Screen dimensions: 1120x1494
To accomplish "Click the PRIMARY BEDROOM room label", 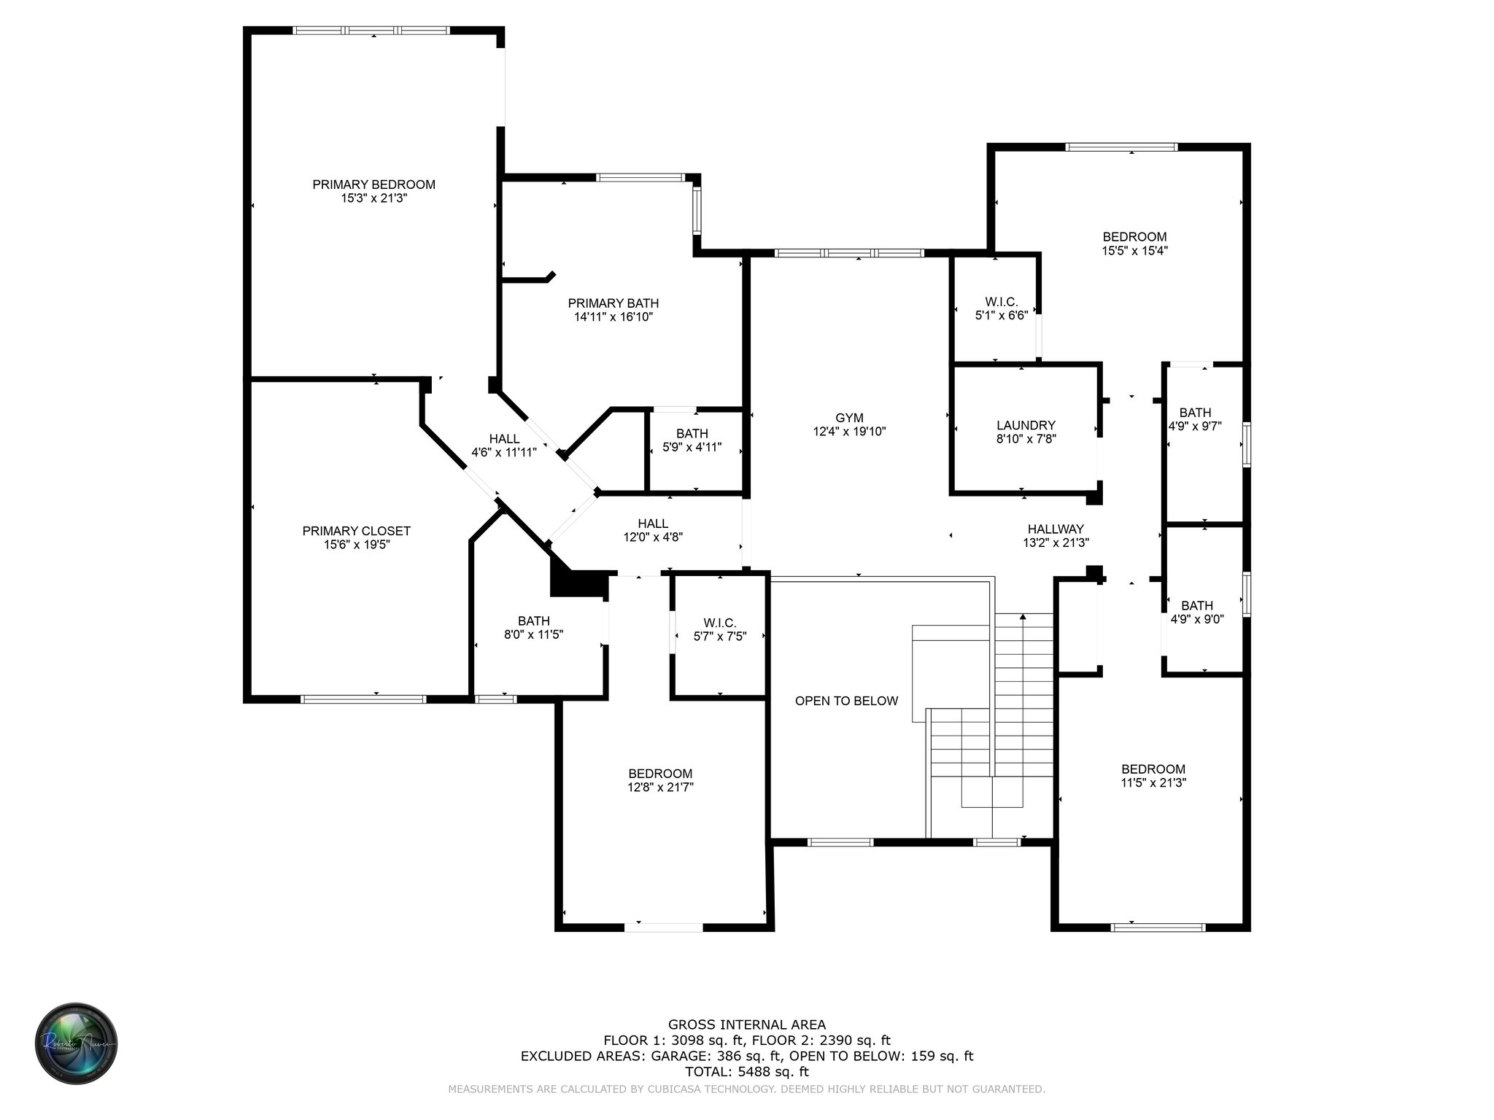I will click(x=373, y=184).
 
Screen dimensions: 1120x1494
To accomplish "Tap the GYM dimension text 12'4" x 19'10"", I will click(x=849, y=432).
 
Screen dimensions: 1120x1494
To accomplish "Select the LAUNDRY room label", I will click(x=1026, y=425).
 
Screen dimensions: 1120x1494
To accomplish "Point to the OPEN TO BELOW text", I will click(x=846, y=701).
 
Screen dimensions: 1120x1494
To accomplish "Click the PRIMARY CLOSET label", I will click(x=356, y=531).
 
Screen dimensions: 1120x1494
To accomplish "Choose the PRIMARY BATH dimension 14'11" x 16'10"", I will click(x=613, y=317).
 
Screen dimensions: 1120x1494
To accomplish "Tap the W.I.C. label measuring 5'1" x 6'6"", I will click(x=1001, y=302).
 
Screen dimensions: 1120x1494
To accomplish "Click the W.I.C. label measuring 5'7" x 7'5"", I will click(x=719, y=623).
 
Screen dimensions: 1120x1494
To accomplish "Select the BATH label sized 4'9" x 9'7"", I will click(x=1195, y=413).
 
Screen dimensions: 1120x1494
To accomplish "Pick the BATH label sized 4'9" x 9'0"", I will click(x=1196, y=605).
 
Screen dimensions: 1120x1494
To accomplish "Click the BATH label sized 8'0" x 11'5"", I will click(x=533, y=621).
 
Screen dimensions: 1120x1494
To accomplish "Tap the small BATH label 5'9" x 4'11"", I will click(x=692, y=434).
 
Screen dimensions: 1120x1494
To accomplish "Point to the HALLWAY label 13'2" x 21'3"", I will click(x=1056, y=529).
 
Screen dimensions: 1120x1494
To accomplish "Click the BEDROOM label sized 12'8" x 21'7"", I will click(x=660, y=774).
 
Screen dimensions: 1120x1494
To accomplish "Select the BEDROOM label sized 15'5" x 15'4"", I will click(x=1134, y=237).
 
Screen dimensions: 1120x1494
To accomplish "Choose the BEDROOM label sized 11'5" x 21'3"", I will click(x=1153, y=769).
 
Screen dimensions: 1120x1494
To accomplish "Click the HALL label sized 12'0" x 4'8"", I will click(x=652, y=524).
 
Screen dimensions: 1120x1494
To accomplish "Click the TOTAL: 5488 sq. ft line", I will click(x=746, y=1072).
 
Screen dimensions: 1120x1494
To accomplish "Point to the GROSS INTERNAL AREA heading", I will click(x=746, y=1024).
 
